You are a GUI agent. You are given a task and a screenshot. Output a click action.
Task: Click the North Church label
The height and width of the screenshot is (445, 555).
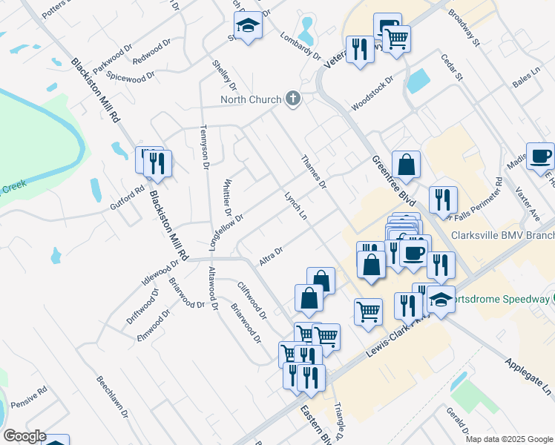250,100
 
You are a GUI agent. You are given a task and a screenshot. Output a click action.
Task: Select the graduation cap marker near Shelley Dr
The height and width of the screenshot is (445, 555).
249,26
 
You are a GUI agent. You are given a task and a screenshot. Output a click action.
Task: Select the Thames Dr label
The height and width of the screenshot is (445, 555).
314,171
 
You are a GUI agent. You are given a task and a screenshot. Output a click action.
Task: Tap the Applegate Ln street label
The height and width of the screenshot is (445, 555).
529,377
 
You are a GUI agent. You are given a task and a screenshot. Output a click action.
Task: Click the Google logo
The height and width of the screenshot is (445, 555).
24,436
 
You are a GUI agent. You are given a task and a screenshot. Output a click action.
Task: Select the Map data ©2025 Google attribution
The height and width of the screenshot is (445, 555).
508,439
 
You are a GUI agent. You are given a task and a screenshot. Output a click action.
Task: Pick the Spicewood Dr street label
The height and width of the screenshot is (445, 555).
131,76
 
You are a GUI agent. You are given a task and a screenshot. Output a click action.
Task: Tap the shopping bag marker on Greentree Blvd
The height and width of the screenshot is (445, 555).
407,164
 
